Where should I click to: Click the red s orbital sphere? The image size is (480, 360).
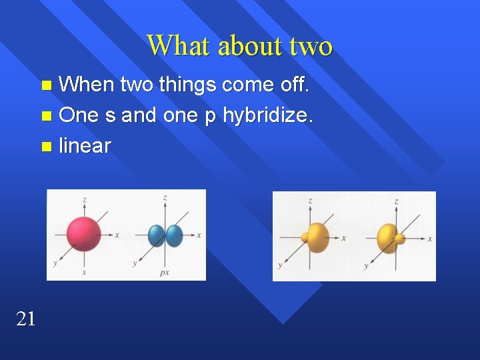(x=84, y=233)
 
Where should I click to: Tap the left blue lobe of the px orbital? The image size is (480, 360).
(x=157, y=235)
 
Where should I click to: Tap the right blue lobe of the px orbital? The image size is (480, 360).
(x=174, y=235)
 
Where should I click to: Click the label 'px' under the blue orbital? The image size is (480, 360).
(x=165, y=273)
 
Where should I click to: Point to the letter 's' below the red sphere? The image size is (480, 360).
(x=84, y=273)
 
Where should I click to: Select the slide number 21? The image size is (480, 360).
(x=25, y=319)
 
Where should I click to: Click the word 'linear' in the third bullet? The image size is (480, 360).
(x=85, y=145)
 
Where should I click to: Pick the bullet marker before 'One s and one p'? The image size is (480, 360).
(x=45, y=116)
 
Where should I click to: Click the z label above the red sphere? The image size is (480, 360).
(x=84, y=199)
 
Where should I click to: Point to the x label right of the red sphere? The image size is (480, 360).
(x=117, y=235)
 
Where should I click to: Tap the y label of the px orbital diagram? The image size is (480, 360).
(x=135, y=264)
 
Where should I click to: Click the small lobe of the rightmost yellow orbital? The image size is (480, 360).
(x=400, y=238)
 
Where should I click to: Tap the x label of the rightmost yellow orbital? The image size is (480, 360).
(x=431, y=238)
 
